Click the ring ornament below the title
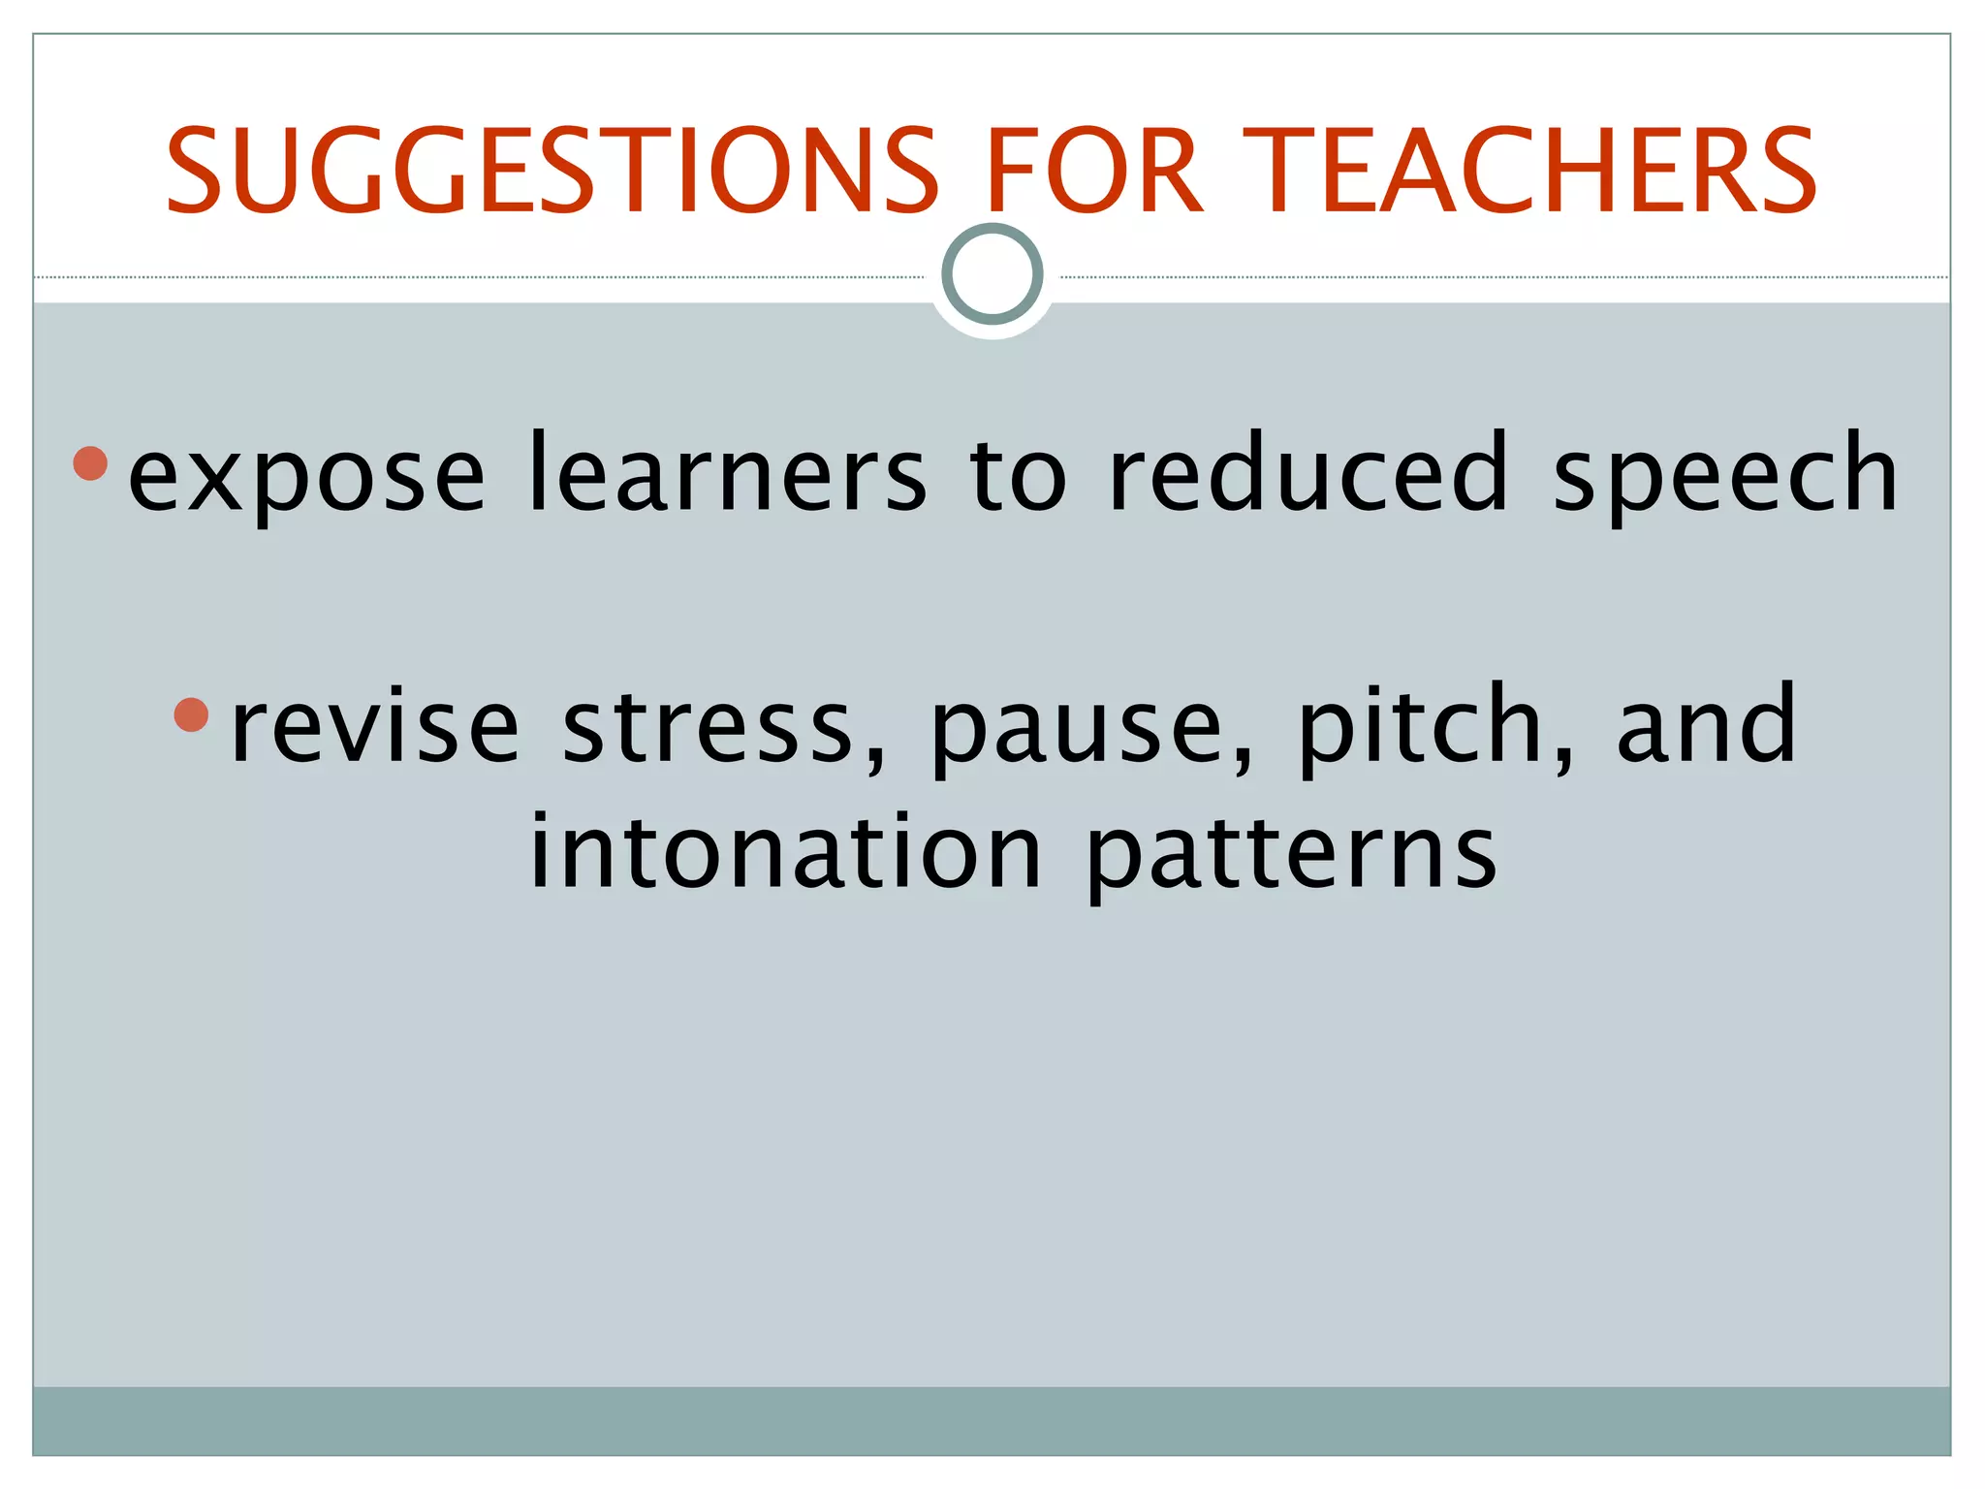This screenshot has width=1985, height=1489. tap(992, 274)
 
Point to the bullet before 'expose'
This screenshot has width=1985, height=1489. tap(90, 463)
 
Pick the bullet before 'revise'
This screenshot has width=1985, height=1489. tap(192, 715)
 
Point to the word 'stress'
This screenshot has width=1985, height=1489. tap(708, 727)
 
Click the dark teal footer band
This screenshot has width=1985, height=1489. tap(992, 1420)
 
